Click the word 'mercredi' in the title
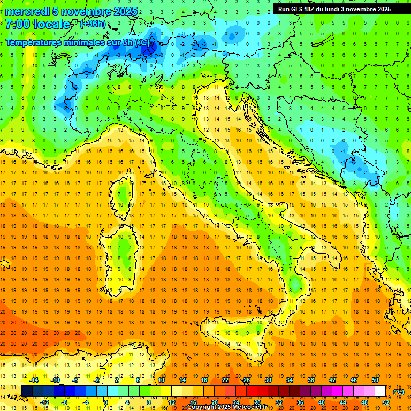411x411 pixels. click(x=27, y=11)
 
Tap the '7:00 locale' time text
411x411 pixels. click(x=37, y=24)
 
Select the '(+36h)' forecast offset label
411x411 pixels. click(x=93, y=24)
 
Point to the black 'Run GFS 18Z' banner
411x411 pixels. click(x=334, y=9)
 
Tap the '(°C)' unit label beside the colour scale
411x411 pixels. click(x=399, y=391)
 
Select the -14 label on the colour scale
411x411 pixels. click(x=34, y=380)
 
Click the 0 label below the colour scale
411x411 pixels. click(x=106, y=402)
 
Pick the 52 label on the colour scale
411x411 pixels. click(x=386, y=402)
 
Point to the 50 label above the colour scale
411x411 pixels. click(x=375, y=380)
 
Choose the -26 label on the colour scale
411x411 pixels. click(x=246, y=380)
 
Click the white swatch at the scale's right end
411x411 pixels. click(x=380, y=391)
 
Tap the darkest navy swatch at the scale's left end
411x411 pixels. click(x=27, y=391)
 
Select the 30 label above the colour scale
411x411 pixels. click(x=268, y=380)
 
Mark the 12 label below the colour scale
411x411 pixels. click(x=171, y=402)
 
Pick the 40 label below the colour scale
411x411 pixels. click(x=322, y=402)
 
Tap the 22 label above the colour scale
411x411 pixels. click(x=225, y=380)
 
